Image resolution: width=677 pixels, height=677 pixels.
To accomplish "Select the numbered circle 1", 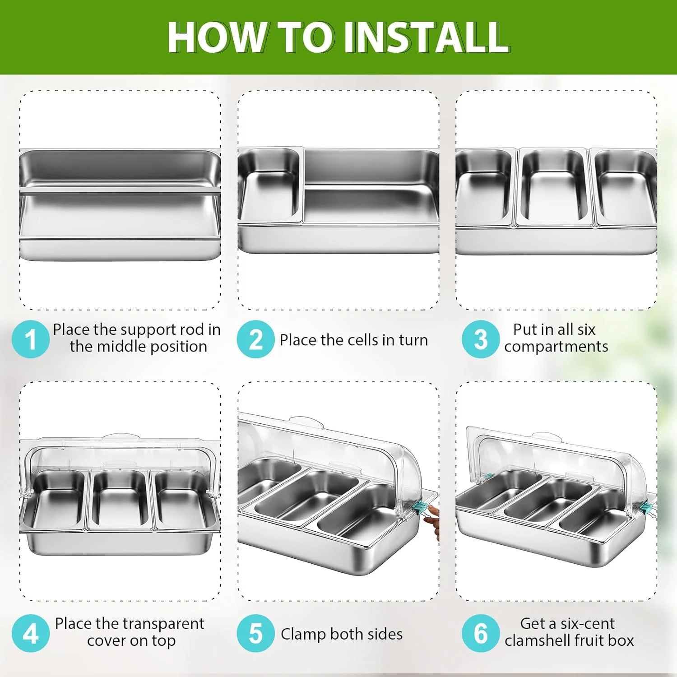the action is (30, 339).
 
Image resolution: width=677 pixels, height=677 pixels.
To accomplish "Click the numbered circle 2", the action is (255, 339).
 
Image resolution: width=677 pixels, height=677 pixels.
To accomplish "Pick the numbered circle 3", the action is (481, 339).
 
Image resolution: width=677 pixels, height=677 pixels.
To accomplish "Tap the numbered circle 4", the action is (30, 633).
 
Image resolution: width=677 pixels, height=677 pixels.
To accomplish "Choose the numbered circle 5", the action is (255, 633).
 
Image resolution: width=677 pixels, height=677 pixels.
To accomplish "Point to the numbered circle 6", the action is (481, 633).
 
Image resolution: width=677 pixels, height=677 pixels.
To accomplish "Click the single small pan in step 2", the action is (270, 185).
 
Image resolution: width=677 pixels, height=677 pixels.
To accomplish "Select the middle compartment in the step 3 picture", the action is (554, 187).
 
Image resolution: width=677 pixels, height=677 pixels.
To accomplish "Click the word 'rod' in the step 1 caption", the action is (192, 329).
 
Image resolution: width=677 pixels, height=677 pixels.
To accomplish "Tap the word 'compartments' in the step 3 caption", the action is (556, 347).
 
